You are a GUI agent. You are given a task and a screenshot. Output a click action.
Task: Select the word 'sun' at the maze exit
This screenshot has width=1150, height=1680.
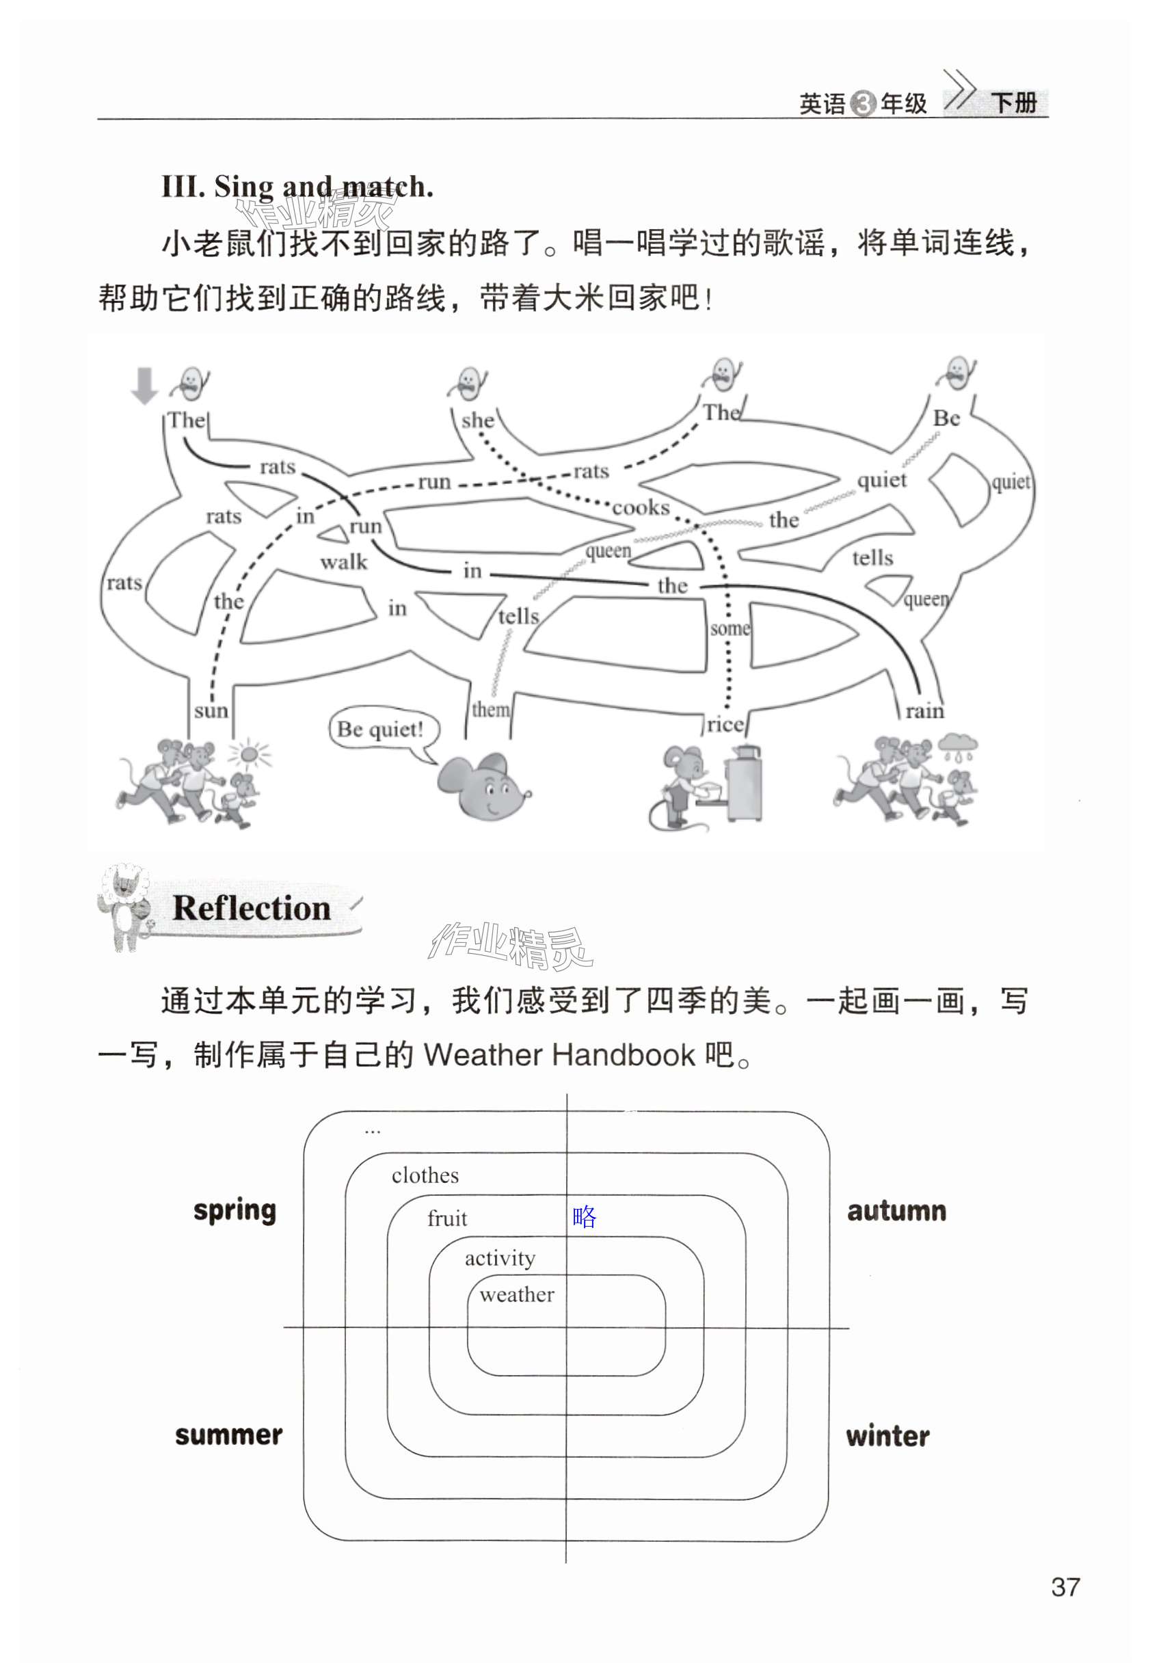click(211, 711)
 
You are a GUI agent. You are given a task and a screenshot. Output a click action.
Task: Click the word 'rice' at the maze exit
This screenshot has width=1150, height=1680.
click(725, 725)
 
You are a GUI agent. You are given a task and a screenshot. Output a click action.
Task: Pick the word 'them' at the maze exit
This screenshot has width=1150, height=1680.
click(491, 710)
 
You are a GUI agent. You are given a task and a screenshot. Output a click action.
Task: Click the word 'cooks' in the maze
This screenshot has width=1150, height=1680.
click(641, 508)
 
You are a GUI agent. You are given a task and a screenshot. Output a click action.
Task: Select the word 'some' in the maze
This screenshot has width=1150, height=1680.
click(730, 629)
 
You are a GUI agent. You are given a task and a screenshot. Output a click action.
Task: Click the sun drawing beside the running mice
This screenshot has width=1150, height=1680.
click(249, 756)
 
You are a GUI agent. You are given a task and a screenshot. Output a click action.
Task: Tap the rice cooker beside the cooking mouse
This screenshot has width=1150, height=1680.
click(744, 784)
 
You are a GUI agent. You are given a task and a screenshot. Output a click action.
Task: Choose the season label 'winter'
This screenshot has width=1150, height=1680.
click(887, 1437)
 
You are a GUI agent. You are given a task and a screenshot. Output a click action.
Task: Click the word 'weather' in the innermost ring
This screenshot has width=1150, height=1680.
click(517, 1294)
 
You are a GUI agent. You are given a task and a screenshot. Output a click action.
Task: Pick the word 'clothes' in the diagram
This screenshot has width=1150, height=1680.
click(425, 1176)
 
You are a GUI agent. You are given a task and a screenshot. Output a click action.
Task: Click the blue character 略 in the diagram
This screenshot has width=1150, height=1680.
click(584, 1217)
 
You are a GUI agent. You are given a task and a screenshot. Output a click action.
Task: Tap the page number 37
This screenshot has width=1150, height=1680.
click(1065, 1588)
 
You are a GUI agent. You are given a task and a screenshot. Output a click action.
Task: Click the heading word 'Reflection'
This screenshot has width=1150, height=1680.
click(252, 909)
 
